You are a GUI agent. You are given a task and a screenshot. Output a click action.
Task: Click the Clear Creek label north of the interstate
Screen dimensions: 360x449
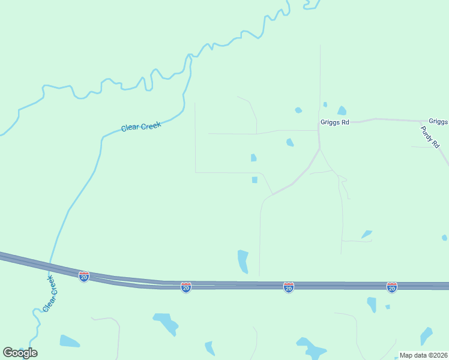(x=141, y=126)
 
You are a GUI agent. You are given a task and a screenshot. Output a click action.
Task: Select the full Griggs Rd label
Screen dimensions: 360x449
(x=334, y=122)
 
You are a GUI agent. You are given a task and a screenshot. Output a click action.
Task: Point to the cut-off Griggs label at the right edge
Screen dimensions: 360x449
(x=438, y=121)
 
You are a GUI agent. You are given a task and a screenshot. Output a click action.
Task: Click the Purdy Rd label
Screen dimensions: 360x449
(x=430, y=137)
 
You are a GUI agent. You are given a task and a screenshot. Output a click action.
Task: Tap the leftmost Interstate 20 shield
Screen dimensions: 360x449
(x=84, y=276)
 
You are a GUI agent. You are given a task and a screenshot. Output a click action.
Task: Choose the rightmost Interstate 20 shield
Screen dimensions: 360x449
(x=392, y=288)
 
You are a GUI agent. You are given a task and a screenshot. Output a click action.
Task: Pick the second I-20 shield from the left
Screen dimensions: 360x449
(x=186, y=288)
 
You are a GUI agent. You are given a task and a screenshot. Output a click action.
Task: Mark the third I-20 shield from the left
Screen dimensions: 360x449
(x=289, y=288)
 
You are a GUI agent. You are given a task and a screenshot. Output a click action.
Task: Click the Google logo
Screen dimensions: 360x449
(x=20, y=353)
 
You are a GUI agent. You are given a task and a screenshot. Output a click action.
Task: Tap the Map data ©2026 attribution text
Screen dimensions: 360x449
(x=423, y=355)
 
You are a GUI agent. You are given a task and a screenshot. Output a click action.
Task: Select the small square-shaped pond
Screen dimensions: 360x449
(x=255, y=180)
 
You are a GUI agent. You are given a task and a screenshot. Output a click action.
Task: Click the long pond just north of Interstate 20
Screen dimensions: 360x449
(x=243, y=261)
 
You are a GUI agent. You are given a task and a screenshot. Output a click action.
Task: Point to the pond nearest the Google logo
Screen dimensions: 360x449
(x=69, y=341)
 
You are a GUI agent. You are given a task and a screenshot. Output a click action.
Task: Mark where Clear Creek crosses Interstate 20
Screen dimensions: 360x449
(x=50, y=266)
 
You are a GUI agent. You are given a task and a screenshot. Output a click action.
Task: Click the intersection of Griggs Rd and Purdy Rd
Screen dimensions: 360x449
(x=419, y=121)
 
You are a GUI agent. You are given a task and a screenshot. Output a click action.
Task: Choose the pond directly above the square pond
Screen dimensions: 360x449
(x=253, y=158)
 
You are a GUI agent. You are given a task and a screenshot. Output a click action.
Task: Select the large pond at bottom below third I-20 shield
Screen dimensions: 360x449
(x=311, y=348)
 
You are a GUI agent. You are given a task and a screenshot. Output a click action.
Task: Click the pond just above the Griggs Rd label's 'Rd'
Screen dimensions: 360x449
(x=342, y=110)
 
